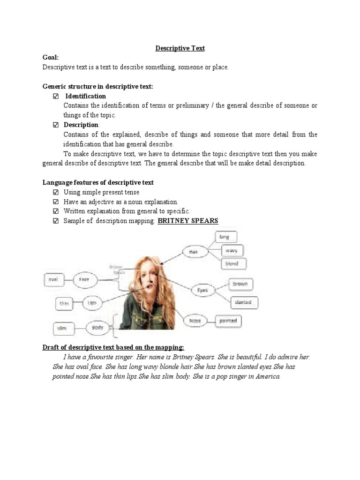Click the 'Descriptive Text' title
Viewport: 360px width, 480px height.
click(x=180, y=48)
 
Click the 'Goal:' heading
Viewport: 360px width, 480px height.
click(x=51, y=58)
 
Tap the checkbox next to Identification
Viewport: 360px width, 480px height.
click(x=56, y=96)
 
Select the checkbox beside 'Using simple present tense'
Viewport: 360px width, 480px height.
click(x=56, y=192)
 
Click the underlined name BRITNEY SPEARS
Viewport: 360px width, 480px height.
click(x=188, y=221)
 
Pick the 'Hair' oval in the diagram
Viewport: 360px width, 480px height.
click(x=194, y=252)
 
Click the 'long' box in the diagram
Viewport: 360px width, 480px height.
click(x=226, y=237)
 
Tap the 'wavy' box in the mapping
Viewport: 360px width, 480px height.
click(x=232, y=250)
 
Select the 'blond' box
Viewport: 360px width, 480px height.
click(x=232, y=264)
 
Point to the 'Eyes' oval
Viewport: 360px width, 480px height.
click(x=202, y=291)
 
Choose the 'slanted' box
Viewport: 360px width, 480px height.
click(x=243, y=302)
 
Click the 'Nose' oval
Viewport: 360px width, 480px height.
click(x=195, y=321)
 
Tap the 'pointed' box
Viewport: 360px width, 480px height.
click(x=228, y=321)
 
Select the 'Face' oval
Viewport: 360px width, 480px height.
click(x=84, y=279)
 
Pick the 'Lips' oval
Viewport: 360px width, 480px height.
click(x=92, y=303)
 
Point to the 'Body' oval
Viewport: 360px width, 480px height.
click(x=97, y=328)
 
